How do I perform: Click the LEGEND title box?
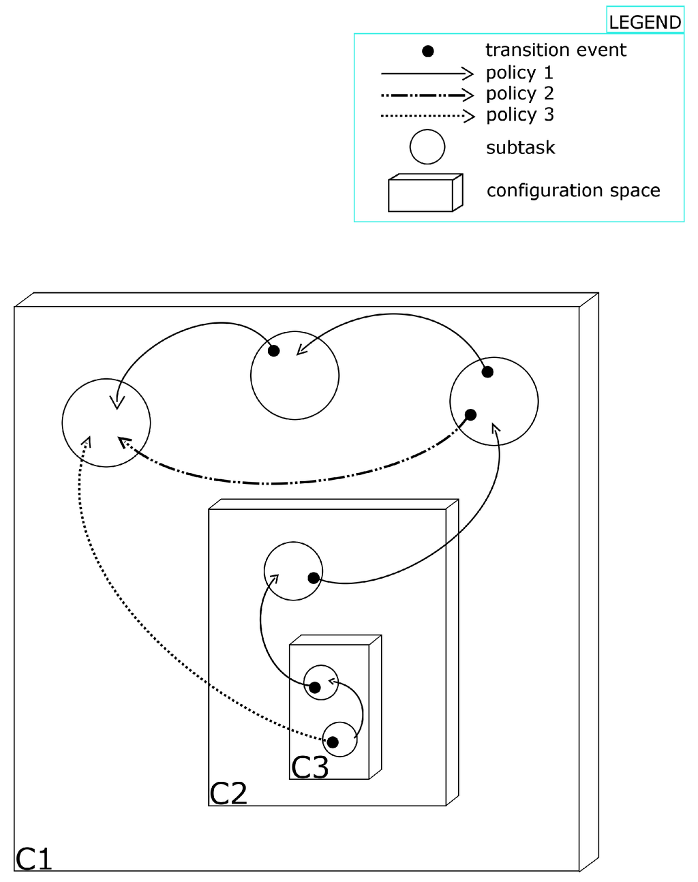click(x=645, y=22)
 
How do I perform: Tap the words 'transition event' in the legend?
click(x=556, y=50)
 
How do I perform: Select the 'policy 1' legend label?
click(x=519, y=72)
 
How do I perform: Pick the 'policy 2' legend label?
click(x=519, y=93)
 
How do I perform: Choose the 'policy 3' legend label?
click(x=519, y=115)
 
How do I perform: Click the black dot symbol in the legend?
click(x=428, y=51)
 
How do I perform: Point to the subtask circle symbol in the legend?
click(x=427, y=147)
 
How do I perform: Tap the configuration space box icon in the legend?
click(x=425, y=193)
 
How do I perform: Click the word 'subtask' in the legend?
click(x=520, y=147)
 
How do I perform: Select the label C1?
click(x=34, y=859)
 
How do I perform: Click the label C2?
click(x=228, y=793)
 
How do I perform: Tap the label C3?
click(x=309, y=767)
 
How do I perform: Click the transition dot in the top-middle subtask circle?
click(x=273, y=351)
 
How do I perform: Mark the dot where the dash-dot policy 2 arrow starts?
click(x=470, y=414)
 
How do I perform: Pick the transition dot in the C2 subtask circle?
click(x=314, y=578)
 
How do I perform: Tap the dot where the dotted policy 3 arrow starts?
click(x=333, y=742)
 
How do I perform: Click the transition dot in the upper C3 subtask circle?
click(x=315, y=687)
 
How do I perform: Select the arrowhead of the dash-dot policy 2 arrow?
click(x=123, y=442)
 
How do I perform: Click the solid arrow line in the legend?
click(x=426, y=73)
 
